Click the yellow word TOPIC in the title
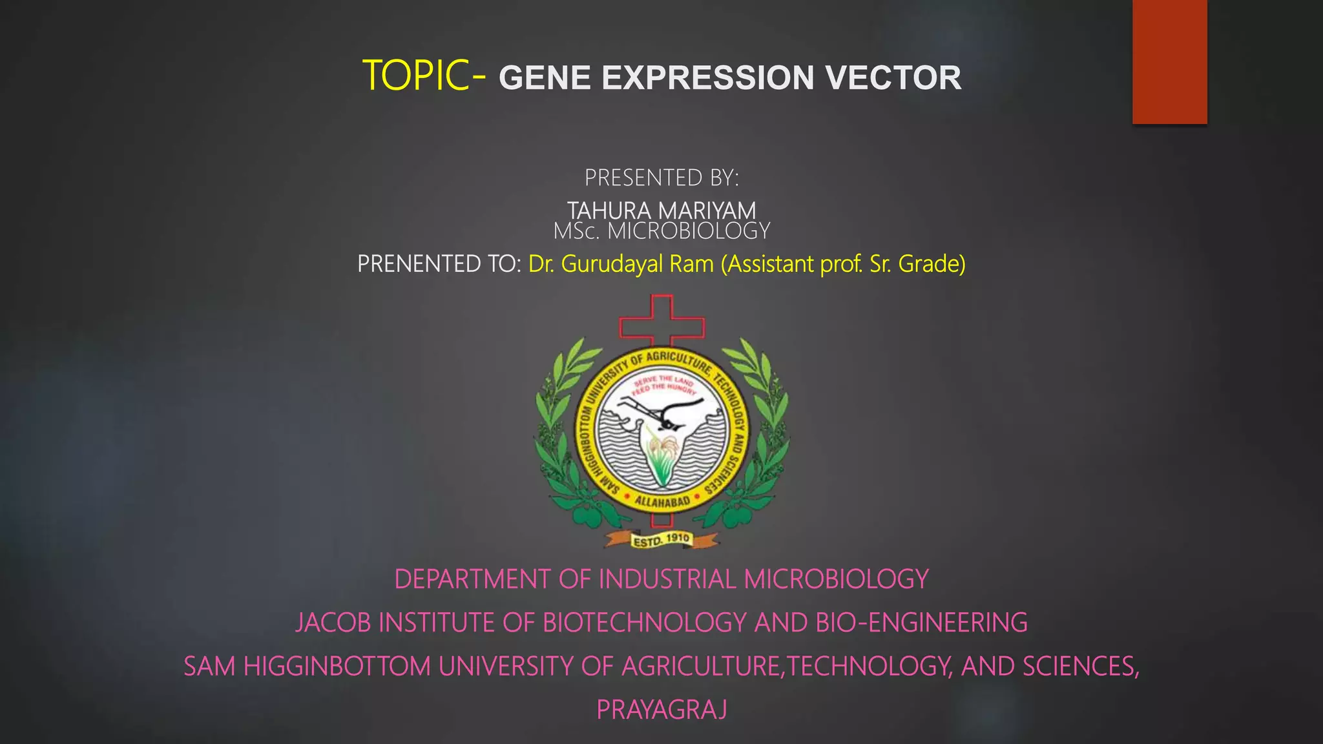(415, 76)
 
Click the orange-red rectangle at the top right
(1169, 61)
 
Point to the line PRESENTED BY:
(661, 178)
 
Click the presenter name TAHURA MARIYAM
(661, 211)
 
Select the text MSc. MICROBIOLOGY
(661, 231)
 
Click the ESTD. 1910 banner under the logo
(661, 540)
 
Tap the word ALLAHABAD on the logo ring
(661, 501)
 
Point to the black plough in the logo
(665, 413)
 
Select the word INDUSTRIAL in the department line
(667, 579)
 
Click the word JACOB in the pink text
(333, 623)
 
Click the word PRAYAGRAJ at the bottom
(661, 710)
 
